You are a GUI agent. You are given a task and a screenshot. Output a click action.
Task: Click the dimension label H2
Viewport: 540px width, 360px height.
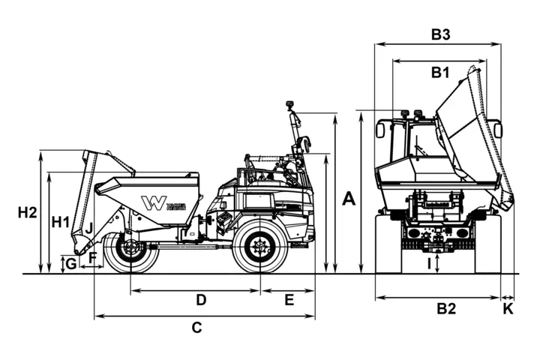coord(27,213)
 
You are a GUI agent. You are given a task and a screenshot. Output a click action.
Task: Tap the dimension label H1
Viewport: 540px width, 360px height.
coord(61,222)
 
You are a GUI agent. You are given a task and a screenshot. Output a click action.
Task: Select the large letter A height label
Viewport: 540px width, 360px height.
coord(349,199)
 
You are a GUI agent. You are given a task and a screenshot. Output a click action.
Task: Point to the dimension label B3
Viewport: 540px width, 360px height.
coord(440,34)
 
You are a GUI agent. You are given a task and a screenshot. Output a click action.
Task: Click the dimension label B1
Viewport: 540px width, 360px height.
coord(440,73)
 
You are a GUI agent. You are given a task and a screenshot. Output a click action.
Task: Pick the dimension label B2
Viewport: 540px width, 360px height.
coord(447,308)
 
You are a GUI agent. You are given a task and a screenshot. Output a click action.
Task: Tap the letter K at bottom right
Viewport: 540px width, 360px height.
coord(508,308)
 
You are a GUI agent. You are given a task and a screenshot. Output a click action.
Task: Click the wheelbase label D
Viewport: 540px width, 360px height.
coord(201,300)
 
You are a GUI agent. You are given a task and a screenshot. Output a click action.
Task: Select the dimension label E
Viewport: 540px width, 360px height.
coord(289,300)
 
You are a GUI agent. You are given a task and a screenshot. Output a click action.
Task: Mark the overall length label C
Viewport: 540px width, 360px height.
coord(196,327)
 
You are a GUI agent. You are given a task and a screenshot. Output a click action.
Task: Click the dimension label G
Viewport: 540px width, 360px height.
coord(70,263)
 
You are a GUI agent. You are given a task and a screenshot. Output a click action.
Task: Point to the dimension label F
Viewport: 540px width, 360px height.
coord(93,258)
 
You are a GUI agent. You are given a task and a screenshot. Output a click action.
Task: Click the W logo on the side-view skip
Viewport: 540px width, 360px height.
coord(154,203)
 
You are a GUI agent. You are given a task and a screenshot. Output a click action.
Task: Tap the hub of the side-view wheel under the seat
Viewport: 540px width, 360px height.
coord(260,245)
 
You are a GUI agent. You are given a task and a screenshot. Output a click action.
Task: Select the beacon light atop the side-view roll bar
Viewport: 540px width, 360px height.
coord(289,106)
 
